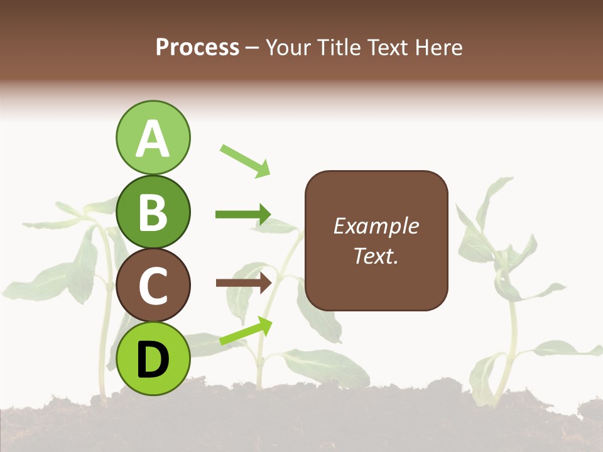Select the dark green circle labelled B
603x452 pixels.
153,212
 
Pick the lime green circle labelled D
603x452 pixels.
153,359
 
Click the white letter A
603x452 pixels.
153,138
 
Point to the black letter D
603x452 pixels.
153,360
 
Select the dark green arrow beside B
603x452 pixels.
243,215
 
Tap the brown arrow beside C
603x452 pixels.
243,282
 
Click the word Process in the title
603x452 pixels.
197,48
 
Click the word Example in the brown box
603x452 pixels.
376,226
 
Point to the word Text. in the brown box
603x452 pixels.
376,256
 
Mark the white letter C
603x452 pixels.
153,286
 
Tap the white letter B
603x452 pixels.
153,212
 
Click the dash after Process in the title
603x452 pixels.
253,48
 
